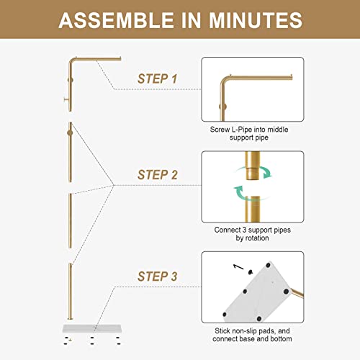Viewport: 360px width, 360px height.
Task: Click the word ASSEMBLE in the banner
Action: (116, 20)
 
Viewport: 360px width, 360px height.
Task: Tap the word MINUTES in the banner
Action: (256, 20)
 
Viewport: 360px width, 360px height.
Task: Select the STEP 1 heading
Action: (157, 78)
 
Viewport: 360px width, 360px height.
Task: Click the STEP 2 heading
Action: (157, 174)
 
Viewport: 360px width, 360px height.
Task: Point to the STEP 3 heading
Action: (157, 276)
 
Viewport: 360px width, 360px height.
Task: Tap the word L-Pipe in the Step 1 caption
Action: (242, 130)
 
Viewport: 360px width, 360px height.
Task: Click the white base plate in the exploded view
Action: (92, 328)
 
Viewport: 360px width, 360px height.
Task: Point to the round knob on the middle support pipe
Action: (70, 132)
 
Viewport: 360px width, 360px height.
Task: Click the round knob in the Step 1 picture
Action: (223, 107)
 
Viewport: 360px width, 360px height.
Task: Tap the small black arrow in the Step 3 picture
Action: (238, 266)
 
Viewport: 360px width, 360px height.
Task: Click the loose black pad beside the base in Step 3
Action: (251, 271)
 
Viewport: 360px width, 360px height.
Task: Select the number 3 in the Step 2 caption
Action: (244, 230)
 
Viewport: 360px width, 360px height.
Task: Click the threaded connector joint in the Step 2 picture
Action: (253, 174)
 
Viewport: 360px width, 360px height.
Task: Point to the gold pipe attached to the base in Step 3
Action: (297, 293)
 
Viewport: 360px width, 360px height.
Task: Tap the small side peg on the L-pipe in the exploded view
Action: (66, 99)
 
